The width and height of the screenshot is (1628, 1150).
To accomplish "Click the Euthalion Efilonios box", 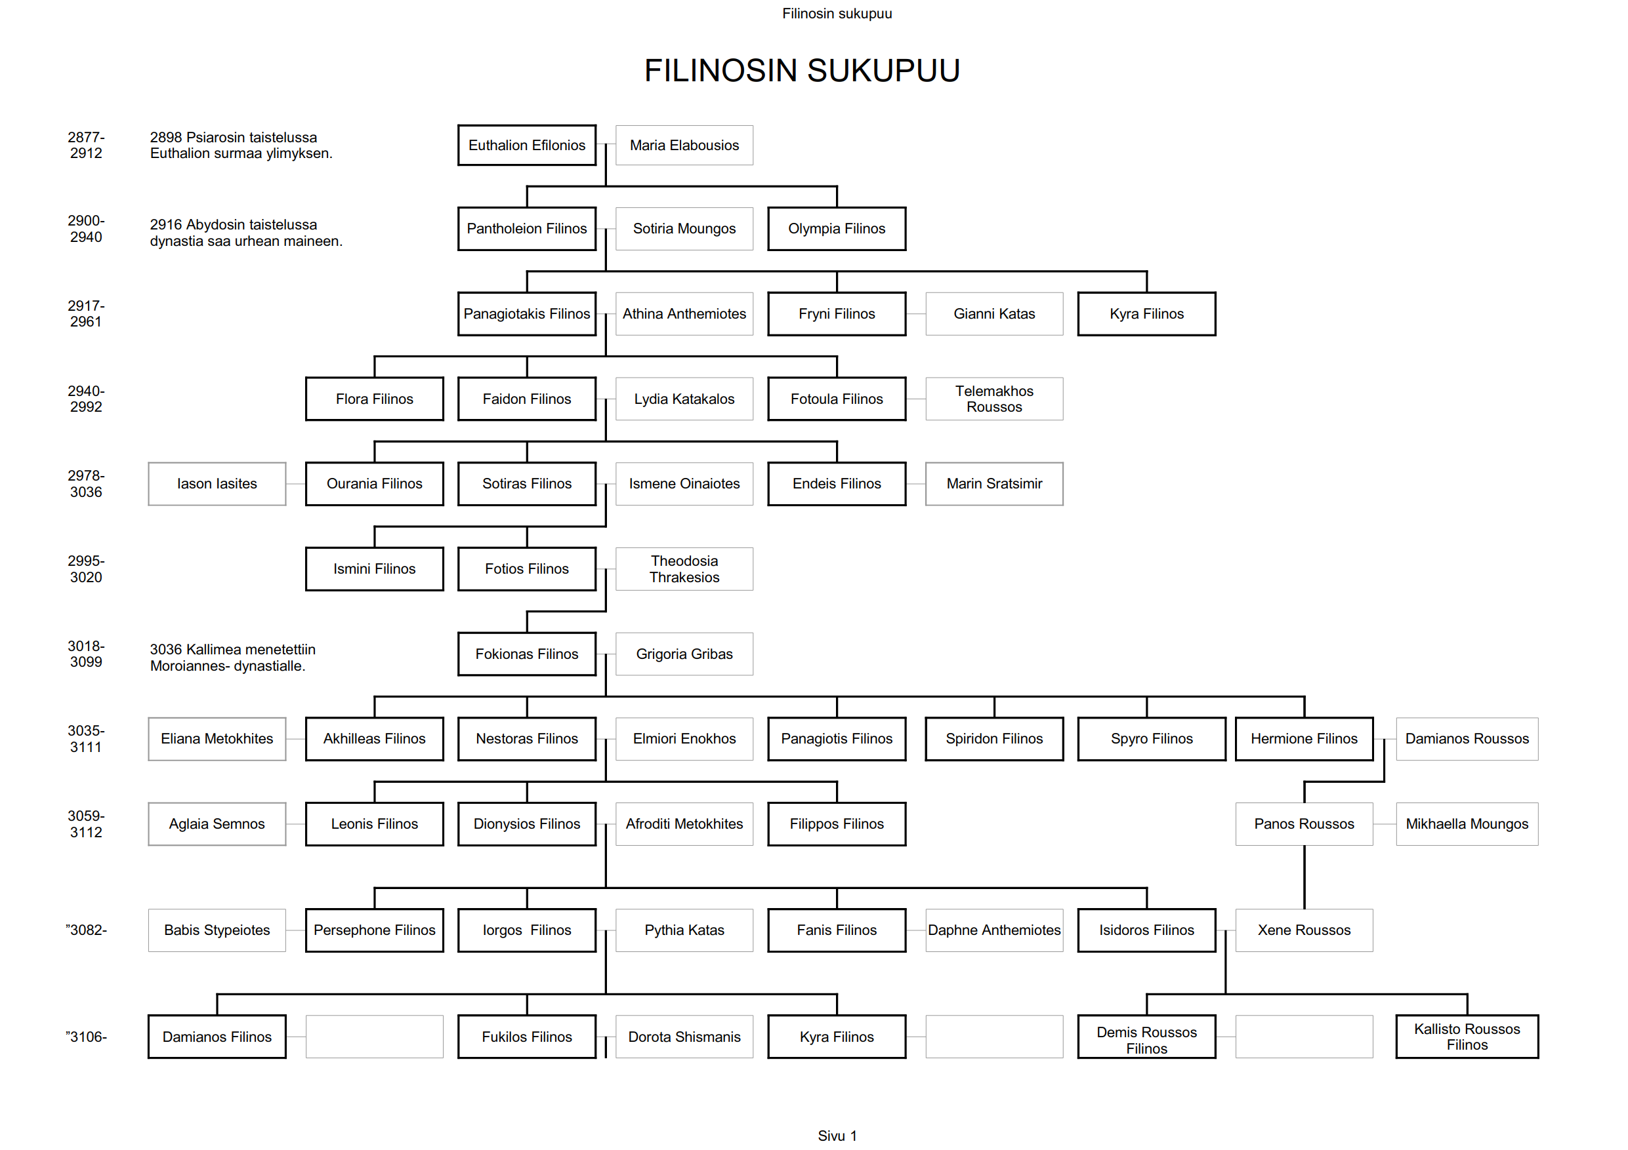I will pos(526,146).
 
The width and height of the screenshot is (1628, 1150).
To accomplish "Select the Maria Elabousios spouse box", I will pos(684,146).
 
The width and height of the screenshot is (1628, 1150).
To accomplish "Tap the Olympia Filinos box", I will pos(836,229).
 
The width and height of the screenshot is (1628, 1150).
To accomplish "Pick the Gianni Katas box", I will pos(993,314).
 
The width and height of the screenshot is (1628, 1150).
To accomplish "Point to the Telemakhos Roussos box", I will pos(993,399).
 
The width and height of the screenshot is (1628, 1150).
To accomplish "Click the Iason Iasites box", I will pos(217,484).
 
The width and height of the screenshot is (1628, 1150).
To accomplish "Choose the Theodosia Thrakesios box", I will pos(684,569).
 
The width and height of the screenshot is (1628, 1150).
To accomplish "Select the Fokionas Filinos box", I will pos(526,654).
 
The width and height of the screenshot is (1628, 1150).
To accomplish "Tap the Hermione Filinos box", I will pos(1303,739).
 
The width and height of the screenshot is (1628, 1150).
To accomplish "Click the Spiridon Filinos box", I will pos(993,739).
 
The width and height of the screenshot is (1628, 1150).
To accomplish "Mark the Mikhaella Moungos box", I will pos(1467,824).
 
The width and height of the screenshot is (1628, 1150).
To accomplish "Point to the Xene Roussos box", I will pos(1303,930).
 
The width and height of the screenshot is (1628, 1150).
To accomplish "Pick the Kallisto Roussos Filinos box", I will pos(1467,1037).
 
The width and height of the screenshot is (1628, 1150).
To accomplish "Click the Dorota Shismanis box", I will pos(684,1037).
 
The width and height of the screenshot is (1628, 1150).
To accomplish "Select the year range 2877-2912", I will pos(86,146).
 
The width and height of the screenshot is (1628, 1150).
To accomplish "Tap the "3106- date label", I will pos(86,1037).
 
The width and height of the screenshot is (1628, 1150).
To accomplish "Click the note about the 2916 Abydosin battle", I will pos(245,232).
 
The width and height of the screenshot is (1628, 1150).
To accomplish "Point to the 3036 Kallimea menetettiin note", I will pos(232,658).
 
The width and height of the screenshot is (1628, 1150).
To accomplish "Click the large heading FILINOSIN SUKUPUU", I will pos(801,71).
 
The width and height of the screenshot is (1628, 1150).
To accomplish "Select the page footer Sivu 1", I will pos(837,1136).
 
